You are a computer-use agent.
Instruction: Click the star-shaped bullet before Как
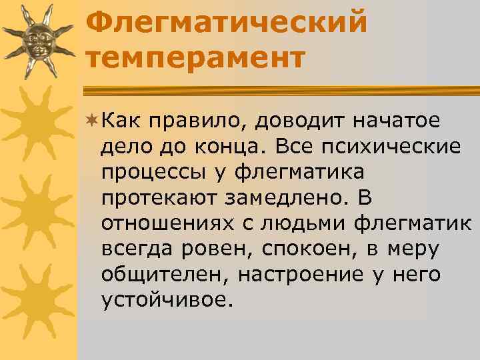(93, 121)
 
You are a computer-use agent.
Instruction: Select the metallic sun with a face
(39, 42)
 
